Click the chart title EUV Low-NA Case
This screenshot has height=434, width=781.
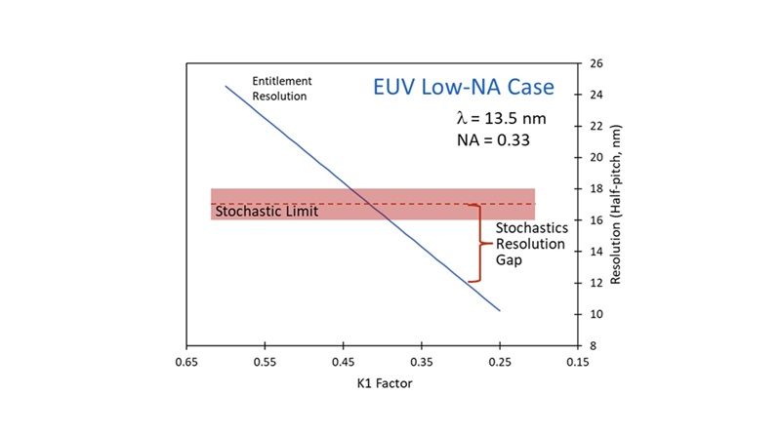464,87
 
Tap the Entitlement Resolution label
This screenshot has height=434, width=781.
280,89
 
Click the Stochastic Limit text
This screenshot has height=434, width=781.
267,210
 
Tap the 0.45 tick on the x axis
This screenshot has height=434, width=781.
343,360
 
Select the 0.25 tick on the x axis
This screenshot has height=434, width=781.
499,360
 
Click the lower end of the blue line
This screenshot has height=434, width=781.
499,310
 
